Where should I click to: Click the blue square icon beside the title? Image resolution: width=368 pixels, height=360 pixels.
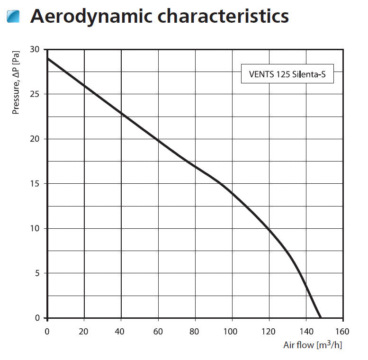pyautogui.click(x=14, y=17)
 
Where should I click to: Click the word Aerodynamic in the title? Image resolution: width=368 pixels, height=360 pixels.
pyautogui.click(x=90, y=16)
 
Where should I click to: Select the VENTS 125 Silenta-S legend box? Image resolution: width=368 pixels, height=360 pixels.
pyautogui.click(x=287, y=74)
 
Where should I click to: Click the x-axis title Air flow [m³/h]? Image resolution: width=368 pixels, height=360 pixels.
pyautogui.click(x=313, y=344)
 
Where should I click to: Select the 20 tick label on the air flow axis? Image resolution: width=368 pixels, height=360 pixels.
pyautogui.click(x=84, y=331)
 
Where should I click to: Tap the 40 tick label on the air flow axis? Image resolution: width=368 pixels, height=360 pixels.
pyautogui.click(x=121, y=331)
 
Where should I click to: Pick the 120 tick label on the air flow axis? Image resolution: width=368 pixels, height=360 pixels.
pyautogui.click(x=269, y=331)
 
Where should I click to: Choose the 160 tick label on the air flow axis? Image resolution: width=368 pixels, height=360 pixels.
pyautogui.click(x=343, y=331)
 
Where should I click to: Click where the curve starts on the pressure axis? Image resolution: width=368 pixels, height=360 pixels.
pyautogui.click(x=47, y=58)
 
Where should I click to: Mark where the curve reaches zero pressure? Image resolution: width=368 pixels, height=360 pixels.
pyautogui.click(x=321, y=318)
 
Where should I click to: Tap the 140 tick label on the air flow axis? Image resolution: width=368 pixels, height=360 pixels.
pyautogui.click(x=306, y=331)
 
